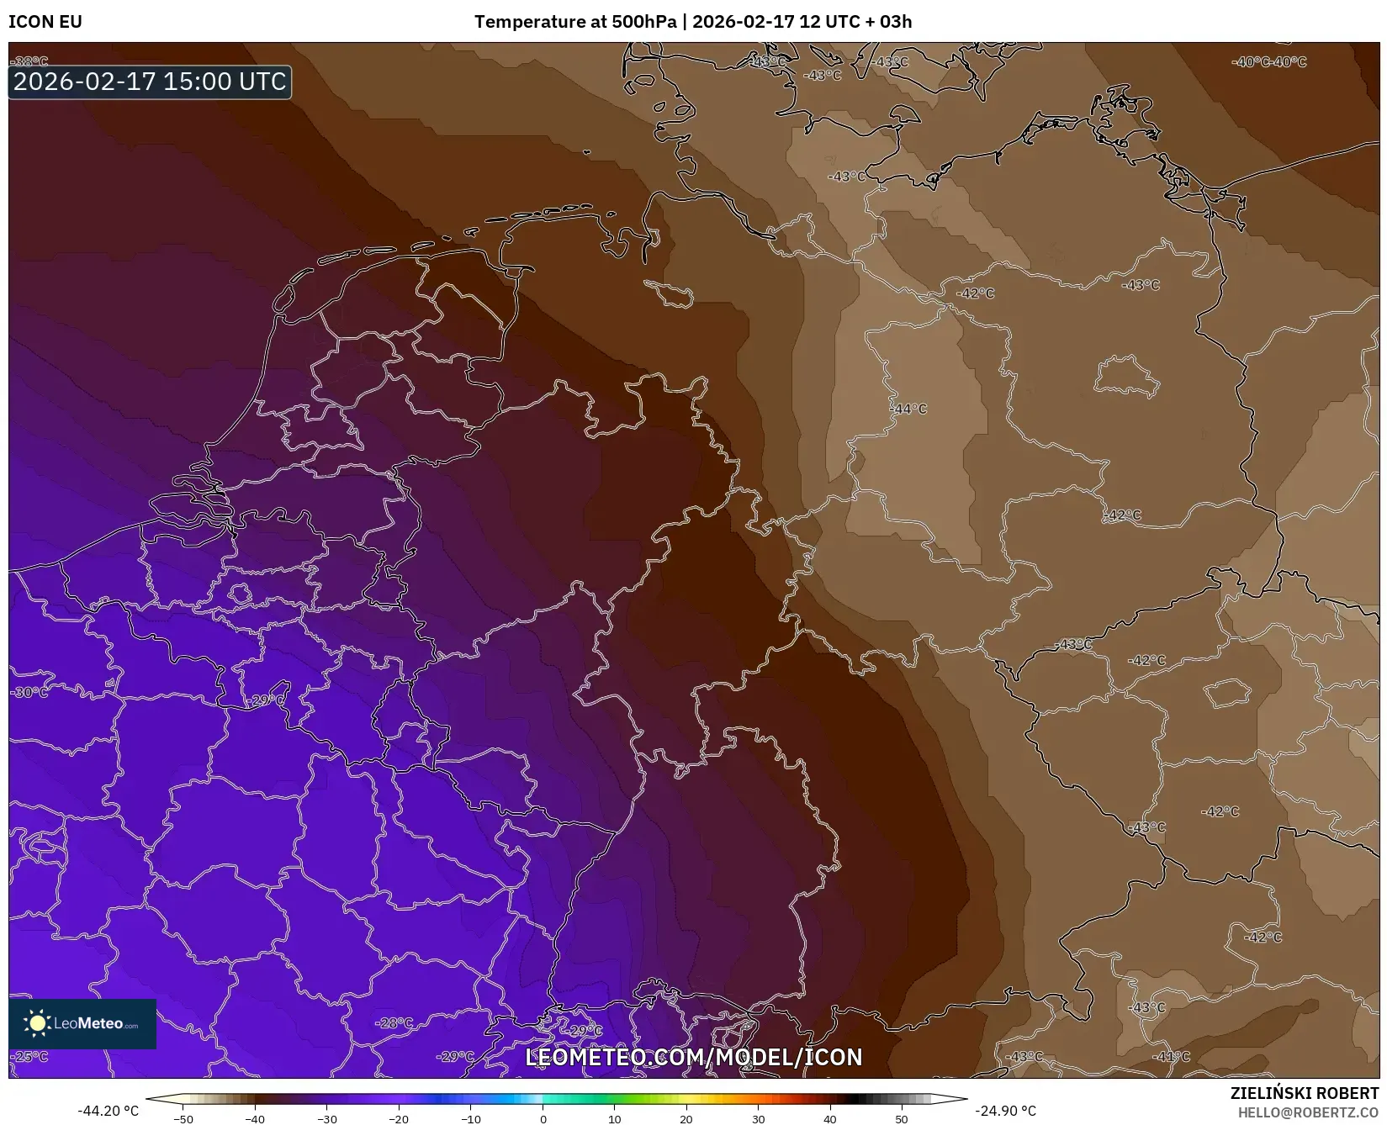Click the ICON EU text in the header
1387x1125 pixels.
[x=45, y=22]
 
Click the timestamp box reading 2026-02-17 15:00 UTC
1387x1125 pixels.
[x=150, y=82]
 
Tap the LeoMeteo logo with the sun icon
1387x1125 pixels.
[x=82, y=1023]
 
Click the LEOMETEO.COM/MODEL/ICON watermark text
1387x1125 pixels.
[x=693, y=1057]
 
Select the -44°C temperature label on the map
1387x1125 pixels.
[x=908, y=409]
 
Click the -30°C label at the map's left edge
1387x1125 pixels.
[x=30, y=692]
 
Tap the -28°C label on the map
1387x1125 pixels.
[x=394, y=1022]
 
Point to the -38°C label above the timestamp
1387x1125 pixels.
[x=31, y=61]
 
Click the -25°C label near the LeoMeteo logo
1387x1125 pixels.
[x=30, y=1056]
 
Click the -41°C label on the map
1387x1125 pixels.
[x=1171, y=1056]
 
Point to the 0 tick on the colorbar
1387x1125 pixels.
[x=543, y=1118]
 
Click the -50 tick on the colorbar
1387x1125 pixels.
[x=183, y=1118]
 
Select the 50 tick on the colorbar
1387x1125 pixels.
[x=902, y=1118]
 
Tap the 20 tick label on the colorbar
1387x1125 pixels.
[x=686, y=1118]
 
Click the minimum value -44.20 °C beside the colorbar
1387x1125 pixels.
[x=108, y=1111]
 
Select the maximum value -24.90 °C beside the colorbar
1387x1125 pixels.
[x=1005, y=1111]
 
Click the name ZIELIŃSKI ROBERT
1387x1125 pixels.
[x=1304, y=1094]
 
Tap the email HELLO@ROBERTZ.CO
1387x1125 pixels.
[x=1308, y=1112]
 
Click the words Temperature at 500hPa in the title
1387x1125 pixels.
[x=574, y=22]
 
